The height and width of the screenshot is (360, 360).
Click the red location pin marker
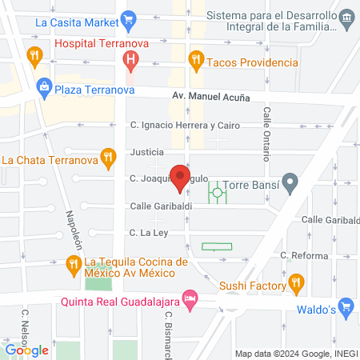[182, 178]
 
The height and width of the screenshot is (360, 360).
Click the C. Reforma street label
[304, 255]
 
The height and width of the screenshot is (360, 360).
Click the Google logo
[27, 350]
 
